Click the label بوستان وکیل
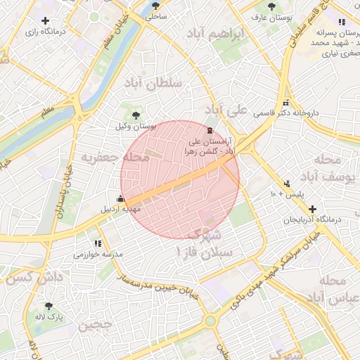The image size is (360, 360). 136,127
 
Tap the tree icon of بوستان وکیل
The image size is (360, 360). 136,115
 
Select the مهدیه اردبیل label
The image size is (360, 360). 123,210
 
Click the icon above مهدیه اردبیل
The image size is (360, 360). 122,198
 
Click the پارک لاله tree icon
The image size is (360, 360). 49,306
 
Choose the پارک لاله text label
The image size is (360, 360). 51,318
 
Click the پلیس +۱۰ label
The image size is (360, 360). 286,194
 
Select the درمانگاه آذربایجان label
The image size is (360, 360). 312,220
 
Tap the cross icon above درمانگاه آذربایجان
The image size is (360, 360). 312,209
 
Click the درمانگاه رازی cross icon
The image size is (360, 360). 46,20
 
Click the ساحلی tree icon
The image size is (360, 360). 155,5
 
